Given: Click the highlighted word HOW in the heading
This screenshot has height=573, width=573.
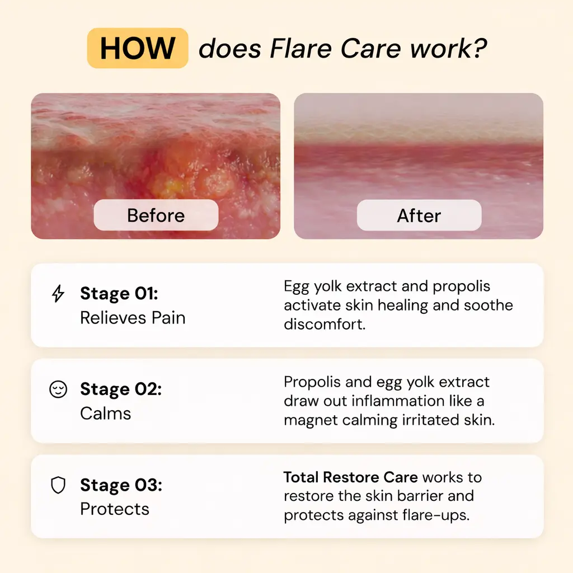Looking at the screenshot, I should click(137, 48).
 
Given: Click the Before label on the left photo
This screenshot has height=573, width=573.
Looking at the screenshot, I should click(156, 215).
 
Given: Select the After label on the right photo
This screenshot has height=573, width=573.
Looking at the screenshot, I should click(419, 215).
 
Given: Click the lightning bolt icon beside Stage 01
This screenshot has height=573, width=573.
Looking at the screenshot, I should click(58, 294).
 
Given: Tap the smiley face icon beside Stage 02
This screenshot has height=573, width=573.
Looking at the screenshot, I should click(58, 389).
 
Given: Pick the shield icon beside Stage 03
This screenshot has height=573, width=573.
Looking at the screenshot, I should click(58, 485).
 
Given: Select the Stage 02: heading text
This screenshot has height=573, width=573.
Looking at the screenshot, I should click(121, 389).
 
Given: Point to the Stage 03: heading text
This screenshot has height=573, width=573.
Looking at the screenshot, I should click(121, 485).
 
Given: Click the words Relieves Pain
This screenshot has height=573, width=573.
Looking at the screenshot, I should click(133, 318).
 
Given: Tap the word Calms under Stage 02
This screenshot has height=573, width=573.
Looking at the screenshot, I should click(106, 414).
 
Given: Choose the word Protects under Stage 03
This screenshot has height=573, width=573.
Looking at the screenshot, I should click(115, 509).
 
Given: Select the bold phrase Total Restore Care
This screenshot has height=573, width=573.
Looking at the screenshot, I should click(350, 477).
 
